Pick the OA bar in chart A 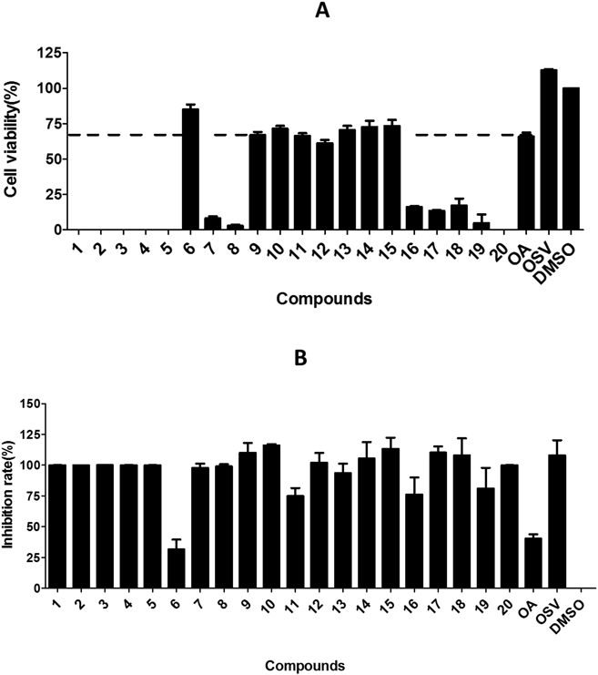(x=525, y=182)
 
